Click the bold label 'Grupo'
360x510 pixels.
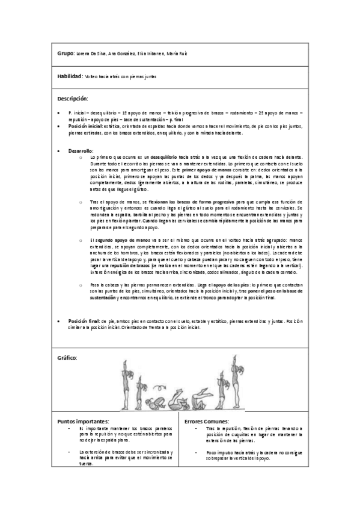pos(65,54)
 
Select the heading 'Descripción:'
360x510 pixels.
pos(73,98)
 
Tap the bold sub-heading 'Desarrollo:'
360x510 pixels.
pos(81,151)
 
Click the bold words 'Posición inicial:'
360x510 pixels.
pos(85,126)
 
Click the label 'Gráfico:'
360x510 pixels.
pos(67,358)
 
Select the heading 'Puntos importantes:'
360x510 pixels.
pos(83,421)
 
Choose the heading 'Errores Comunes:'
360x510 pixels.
pos(207,421)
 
